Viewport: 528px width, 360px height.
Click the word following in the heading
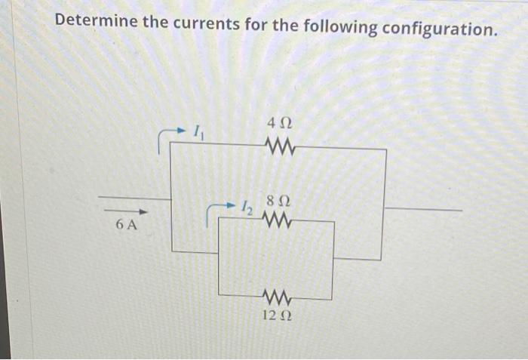click(x=339, y=27)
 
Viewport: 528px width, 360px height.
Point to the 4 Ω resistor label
click(x=278, y=122)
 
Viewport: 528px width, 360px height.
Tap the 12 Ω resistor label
click(x=277, y=315)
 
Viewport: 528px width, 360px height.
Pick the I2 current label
click(x=247, y=207)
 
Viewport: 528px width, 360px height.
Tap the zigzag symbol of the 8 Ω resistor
click(x=277, y=220)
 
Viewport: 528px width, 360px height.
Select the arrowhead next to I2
click(x=230, y=205)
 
